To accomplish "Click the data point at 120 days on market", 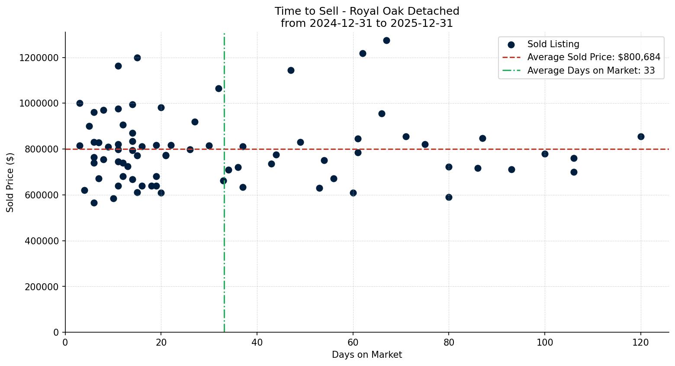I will [641, 136].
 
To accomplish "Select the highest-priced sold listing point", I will [386, 40].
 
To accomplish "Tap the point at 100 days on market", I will [545, 154].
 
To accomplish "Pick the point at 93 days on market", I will [511, 169].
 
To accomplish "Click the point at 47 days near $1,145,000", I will [291, 70].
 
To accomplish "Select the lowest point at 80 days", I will [449, 197].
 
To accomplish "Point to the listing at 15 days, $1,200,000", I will [137, 58].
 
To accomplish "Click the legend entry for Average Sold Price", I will [594, 57].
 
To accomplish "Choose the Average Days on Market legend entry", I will [591, 71].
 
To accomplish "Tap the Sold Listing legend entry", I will [553, 44].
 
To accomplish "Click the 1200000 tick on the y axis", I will [39, 58].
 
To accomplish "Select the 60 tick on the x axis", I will [353, 343].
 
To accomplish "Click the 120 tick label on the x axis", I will [641, 343].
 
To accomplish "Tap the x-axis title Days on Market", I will [367, 355].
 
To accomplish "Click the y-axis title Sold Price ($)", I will [10, 182].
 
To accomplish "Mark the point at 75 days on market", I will [425, 144].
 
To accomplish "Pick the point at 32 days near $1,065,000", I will [219, 88].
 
